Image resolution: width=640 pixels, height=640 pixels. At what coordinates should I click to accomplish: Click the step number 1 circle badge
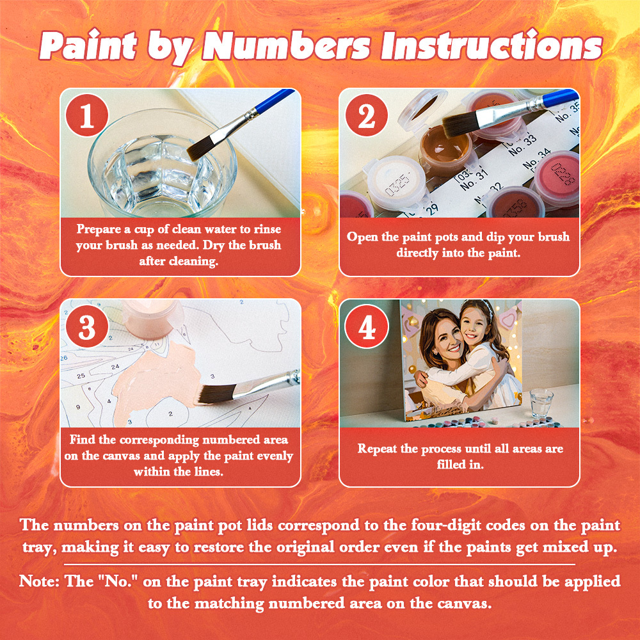pyautogui.click(x=86, y=115)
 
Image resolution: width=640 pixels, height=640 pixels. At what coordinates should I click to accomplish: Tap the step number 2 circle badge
pyautogui.click(x=366, y=115)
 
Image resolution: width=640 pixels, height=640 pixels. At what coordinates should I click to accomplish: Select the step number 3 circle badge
pyautogui.click(x=86, y=327)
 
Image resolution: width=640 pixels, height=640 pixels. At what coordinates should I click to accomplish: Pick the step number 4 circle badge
pyautogui.click(x=366, y=327)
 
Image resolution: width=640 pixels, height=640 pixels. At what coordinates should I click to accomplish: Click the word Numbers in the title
pyautogui.click(x=289, y=46)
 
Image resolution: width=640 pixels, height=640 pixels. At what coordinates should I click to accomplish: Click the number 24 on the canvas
pyautogui.click(x=115, y=367)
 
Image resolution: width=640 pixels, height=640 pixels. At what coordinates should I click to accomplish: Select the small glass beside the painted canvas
pyautogui.click(x=541, y=404)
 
